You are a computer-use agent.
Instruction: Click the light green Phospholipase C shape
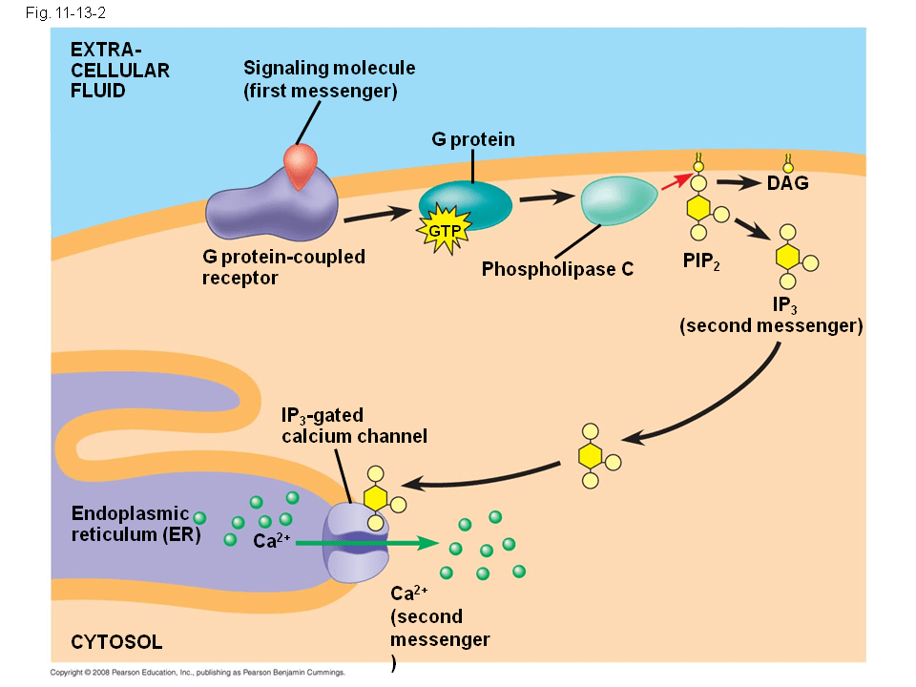coord(619,200)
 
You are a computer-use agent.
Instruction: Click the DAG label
coord(787,183)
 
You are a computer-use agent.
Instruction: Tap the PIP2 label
coord(701,260)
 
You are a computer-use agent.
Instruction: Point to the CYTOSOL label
coord(116,641)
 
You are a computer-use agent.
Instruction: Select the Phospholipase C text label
coord(557,269)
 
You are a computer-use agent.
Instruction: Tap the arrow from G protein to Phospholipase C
coord(549,198)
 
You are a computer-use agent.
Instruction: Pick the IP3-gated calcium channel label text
coord(353,426)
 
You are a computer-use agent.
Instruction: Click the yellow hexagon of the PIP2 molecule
coord(698,207)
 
